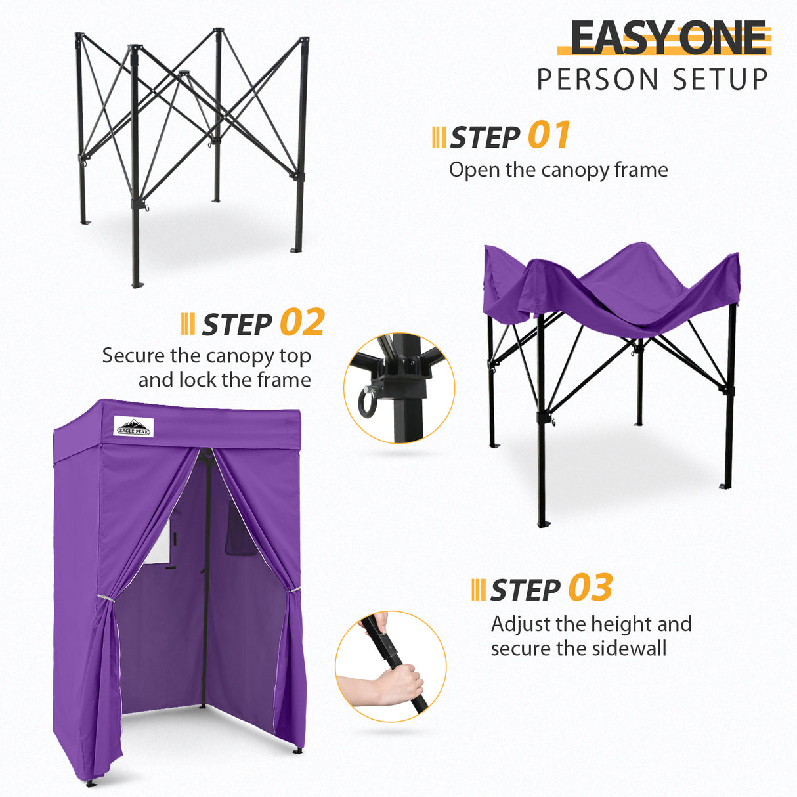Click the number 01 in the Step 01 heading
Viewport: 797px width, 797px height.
549,136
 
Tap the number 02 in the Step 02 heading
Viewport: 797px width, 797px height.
302,323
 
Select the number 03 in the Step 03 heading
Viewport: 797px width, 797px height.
590,588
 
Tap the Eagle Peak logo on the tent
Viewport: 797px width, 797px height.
133,427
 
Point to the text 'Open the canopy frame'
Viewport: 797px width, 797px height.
558,170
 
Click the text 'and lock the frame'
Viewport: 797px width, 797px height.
225,380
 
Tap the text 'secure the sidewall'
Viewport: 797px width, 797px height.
578,649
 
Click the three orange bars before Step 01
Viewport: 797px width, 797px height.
439,138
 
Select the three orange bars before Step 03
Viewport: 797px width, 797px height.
478,590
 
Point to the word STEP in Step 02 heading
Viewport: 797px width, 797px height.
237,325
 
